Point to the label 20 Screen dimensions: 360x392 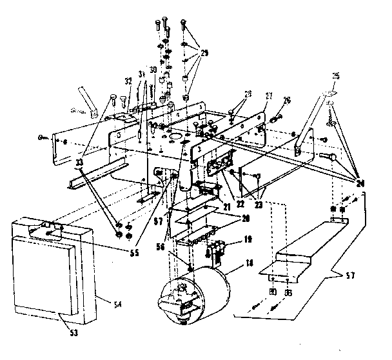228,218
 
